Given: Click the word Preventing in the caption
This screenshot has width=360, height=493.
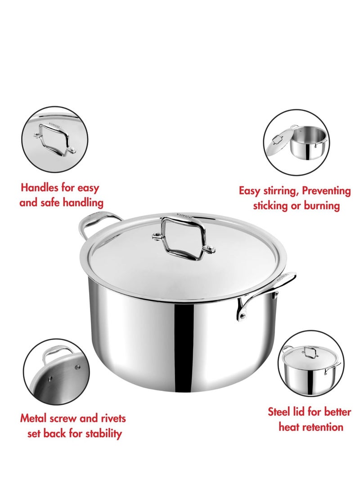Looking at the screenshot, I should tap(326, 191).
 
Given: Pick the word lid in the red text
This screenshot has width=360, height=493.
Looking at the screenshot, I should tap(299, 411).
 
